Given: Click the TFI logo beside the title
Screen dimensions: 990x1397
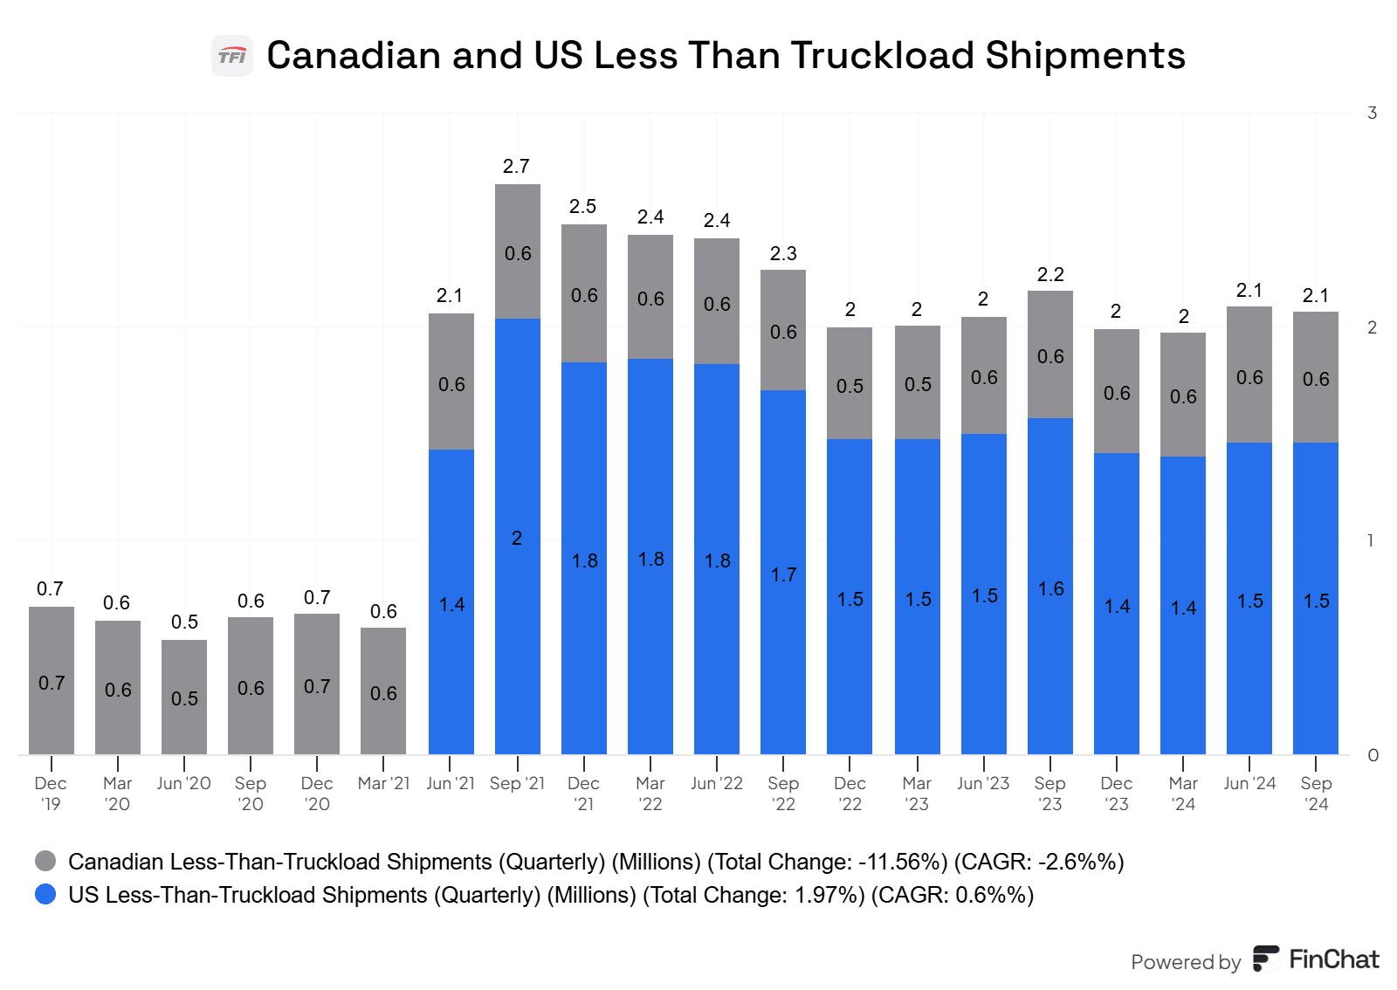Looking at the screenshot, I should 232,56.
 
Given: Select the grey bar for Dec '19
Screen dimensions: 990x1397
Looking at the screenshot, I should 52,680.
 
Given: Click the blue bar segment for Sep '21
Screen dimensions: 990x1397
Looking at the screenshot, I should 518,536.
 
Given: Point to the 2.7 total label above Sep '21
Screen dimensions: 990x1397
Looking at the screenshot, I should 516,166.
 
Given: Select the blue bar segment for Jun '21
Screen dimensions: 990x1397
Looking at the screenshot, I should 451,602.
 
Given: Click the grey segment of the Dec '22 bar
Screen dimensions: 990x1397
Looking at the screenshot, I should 850,383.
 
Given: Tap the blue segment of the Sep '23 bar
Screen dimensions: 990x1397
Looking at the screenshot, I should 1050,586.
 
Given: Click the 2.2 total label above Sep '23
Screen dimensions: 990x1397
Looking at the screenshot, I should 1050,274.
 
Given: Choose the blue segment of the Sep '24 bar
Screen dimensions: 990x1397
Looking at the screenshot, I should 1316,598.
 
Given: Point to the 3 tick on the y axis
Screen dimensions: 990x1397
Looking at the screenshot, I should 1372,113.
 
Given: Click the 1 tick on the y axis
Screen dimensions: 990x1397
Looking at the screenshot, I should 1371,540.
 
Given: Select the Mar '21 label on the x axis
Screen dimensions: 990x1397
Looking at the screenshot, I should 383,783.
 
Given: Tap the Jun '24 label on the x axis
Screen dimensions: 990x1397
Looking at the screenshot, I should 1249,783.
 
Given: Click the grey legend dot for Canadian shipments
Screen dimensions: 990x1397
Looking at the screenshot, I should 45,862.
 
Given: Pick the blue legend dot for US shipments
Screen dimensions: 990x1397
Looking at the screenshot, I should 45,895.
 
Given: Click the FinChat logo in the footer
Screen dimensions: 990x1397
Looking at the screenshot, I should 1316,959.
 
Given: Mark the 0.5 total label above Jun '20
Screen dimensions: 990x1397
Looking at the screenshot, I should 184,622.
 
